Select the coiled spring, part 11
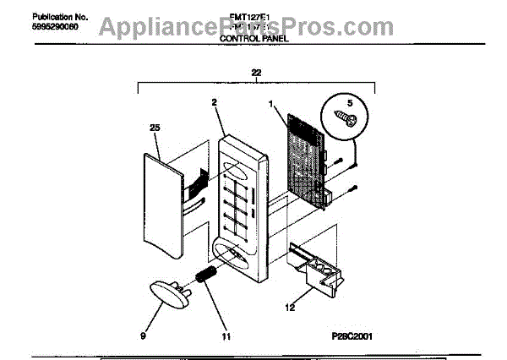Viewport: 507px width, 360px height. (204, 275)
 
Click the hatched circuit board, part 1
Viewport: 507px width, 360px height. (306, 161)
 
